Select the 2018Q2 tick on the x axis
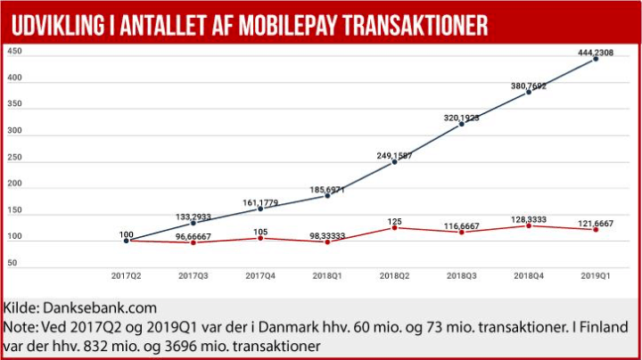pos(393,275)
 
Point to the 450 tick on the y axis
pos(15,52)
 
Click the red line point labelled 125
pos(393,227)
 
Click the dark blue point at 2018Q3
pos(460,124)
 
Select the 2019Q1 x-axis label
pos(595,275)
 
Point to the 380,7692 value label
pos(528,86)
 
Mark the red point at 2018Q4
pos(528,225)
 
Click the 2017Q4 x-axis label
pos(259,275)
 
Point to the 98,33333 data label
pos(327,234)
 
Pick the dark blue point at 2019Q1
pos(595,59)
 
